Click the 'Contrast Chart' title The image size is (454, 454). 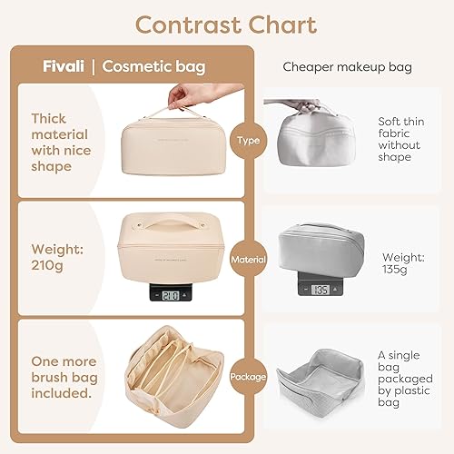tap(226, 25)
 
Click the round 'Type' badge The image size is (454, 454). tap(248, 140)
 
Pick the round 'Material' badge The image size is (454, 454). tap(248, 258)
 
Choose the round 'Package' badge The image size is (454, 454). tap(248, 376)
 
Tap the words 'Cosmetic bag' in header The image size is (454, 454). tap(153, 66)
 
